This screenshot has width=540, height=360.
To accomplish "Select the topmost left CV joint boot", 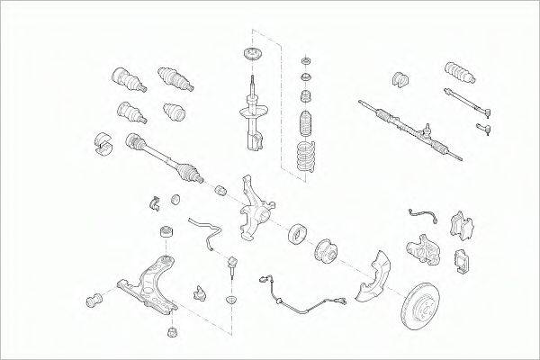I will pos(125,79).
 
